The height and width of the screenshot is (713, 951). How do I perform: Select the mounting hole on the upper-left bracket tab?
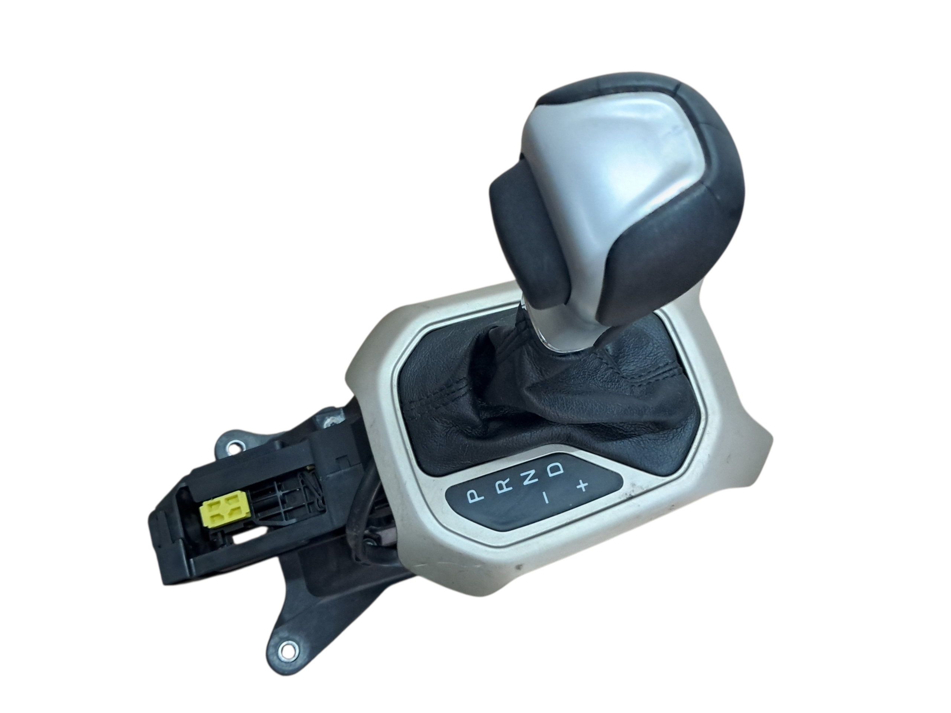coord(234,446)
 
